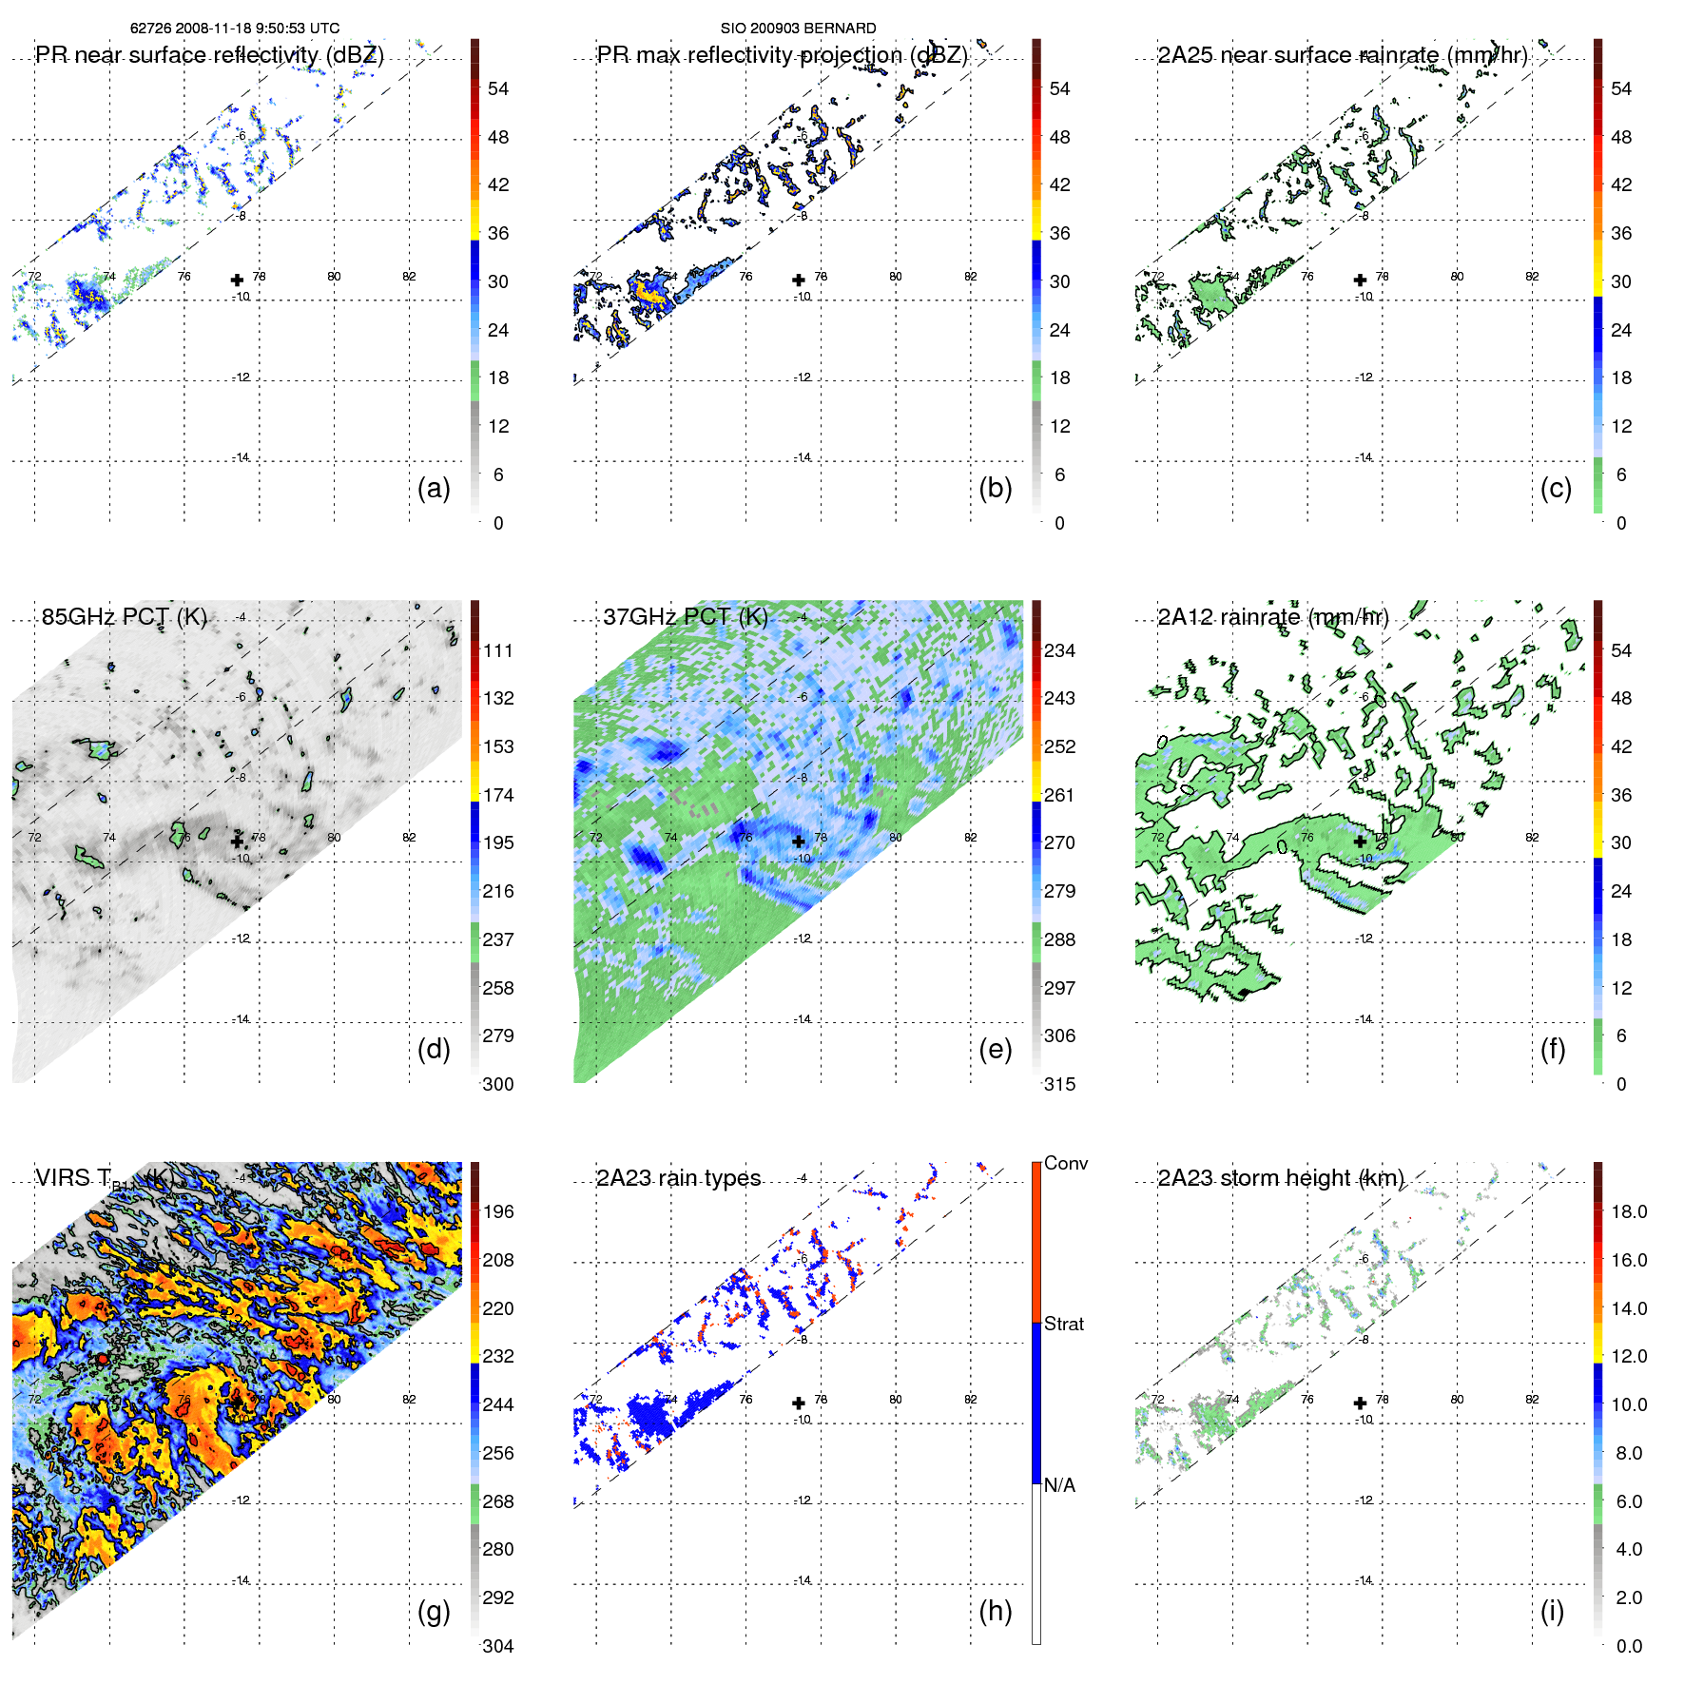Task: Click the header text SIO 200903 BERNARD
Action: [798, 29]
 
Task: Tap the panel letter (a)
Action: [434, 488]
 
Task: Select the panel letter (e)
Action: [995, 1049]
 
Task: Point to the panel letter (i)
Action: [1552, 1611]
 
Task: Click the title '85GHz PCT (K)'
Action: [124, 616]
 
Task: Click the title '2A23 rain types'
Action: [678, 1178]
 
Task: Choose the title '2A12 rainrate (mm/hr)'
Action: [1272, 616]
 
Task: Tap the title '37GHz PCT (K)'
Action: [685, 616]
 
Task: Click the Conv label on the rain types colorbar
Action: [1065, 1163]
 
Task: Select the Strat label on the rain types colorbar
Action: [1063, 1324]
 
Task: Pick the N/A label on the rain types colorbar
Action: [1059, 1485]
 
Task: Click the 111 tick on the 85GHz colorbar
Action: [497, 650]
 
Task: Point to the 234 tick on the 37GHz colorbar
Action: [1059, 650]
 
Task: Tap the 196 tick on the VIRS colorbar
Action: [497, 1211]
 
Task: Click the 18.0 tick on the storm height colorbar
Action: [1628, 1211]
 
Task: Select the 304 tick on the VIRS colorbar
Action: [497, 1646]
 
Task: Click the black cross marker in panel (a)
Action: [237, 280]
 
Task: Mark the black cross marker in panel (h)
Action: [799, 1403]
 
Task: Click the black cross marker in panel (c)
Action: [1360, 280]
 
